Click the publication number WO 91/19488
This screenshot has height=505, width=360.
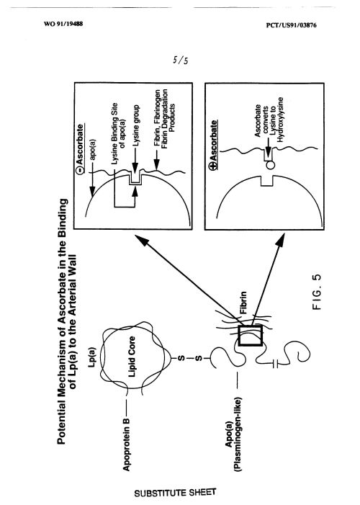point(63,24)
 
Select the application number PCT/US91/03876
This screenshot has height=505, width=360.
point(291,25)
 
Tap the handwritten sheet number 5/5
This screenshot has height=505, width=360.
point(180,60)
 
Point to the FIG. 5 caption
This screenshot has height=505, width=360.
point(317,292)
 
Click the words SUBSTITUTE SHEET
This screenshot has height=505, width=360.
point(175,493)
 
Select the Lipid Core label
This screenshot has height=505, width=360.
point(131,357)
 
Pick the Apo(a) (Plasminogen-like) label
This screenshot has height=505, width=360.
point(233,435)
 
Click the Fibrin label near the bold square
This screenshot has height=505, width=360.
point(243,303)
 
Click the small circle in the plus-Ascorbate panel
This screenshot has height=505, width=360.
point(271,165)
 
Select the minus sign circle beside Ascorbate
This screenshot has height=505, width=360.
point(80,170)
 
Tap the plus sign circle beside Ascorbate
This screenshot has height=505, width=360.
point(214,166)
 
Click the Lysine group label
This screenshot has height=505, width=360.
point(137,125)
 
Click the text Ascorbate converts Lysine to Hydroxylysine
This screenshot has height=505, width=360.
point(269,120)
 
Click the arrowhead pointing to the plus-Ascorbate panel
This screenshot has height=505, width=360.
point(281,240)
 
